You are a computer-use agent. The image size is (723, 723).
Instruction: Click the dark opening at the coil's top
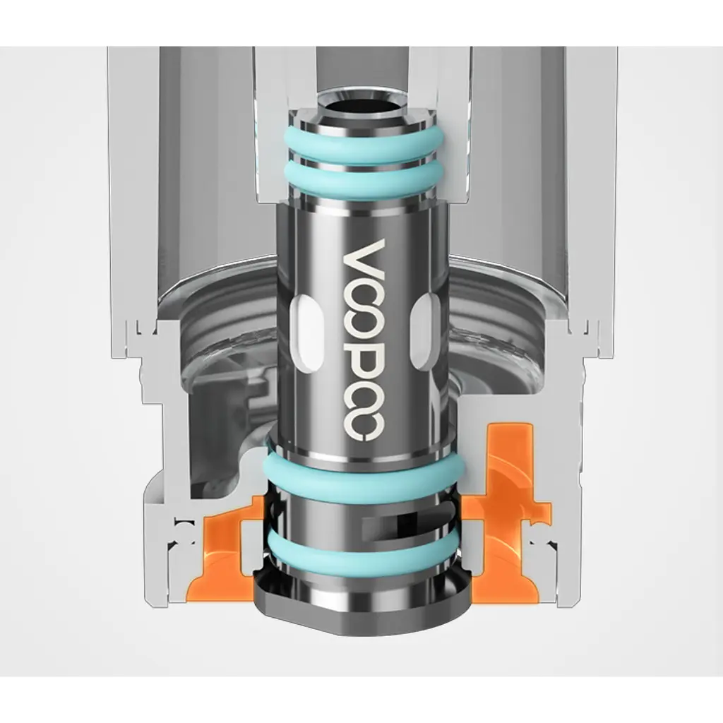pyautogui.click(x=361, y=105)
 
